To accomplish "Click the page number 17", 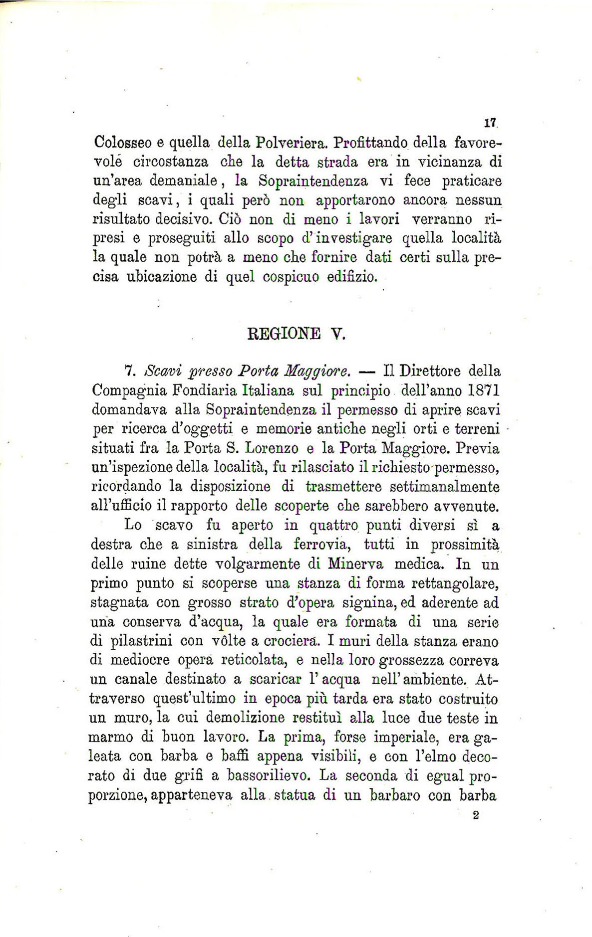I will pos(488,122).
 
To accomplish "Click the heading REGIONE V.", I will pos(296,334).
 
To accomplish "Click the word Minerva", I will pos(356,563).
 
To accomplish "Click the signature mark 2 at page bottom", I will pos(475,815).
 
